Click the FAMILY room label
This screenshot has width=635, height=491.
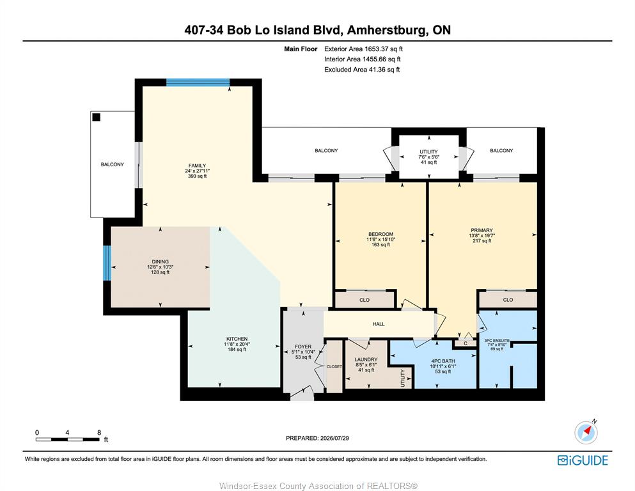tap(197, 166)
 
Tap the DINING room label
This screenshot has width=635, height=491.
tap(161, 261)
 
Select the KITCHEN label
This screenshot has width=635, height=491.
tap(237, 339)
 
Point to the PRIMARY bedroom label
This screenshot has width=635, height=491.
tap(482, 230)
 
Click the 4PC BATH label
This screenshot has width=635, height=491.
tap(443, 361)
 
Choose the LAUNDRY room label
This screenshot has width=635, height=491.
tap(366, 359)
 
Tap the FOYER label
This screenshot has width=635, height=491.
tap(303, 347)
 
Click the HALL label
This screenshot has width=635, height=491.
tap(379, 324)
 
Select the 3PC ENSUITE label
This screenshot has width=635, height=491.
tap(497, 340)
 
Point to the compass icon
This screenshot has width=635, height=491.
tap(586, 432)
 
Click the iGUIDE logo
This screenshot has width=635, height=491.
tap(583, 461)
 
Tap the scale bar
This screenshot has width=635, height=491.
tap(68, 439)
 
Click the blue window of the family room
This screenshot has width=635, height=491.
tap(198, 82)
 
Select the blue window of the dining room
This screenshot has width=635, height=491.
tap(107, 263)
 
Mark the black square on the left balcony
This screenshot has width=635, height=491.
tap(97, 117)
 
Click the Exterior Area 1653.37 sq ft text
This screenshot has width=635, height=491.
tap(363, 49)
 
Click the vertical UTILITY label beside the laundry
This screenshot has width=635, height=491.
tap(403, 378)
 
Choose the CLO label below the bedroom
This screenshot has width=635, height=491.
tap(365, 300)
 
